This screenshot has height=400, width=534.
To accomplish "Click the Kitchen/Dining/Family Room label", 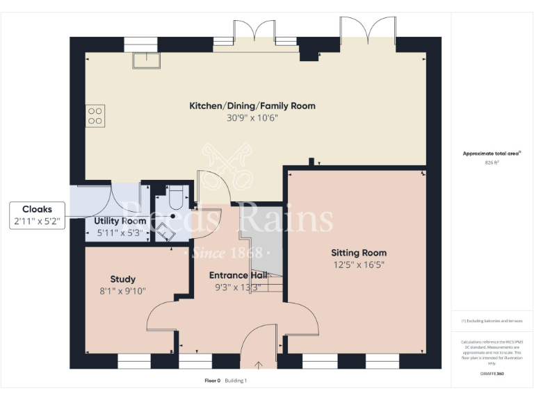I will (x=252, y=106).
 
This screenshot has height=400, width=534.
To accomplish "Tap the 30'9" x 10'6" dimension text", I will (x=252, y=118).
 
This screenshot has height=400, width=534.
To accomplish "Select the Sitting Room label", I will (x=358, y=252).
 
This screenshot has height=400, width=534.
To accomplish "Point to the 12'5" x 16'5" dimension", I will (x=358, y=265).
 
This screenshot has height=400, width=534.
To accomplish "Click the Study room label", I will (x=123, y=279).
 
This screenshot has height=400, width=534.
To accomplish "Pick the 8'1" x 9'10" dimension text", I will (x=123, y=291).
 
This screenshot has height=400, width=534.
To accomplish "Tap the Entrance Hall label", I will (x=238, y=275).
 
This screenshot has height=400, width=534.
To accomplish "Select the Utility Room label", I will (x=120, y=221).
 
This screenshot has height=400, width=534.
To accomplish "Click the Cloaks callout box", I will (x=37, y=215).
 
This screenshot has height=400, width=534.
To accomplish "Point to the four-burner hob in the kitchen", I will (x=95, y=115).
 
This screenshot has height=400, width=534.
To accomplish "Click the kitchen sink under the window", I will (x=147, y=60).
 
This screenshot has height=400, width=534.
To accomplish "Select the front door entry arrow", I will (x=259, y=363).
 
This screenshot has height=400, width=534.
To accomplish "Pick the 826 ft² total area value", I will (x=492, y=162).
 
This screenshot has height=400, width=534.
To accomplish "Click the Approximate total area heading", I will (x=492, y=153).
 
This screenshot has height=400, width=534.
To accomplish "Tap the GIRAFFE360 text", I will (x=492, y=374).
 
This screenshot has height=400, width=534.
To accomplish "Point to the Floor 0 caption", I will (x=212, y=381).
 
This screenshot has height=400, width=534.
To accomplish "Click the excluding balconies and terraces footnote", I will (x=492, y=321).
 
